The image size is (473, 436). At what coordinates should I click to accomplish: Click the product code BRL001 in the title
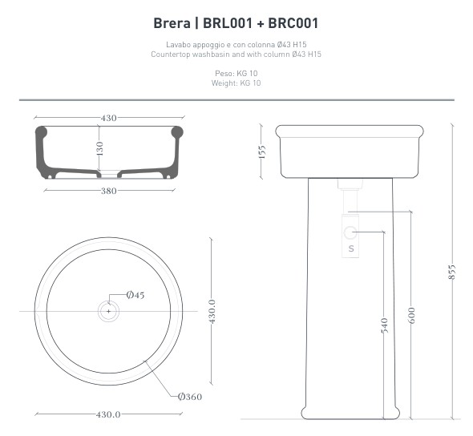(x=227, y=23)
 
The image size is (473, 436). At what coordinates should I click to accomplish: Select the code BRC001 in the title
(x=293, y=23)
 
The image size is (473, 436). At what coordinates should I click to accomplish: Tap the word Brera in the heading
(x=172, y=23)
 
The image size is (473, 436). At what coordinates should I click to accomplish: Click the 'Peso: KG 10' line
(x=236, y=73)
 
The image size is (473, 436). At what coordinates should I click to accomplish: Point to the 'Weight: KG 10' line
(x=236, y=83)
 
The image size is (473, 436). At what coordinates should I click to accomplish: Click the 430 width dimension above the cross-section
(x=108, y=118)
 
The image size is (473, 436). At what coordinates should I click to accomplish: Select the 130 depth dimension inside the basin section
(x=99, y=148)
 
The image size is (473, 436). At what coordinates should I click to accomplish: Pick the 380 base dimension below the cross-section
(x=108, y=191)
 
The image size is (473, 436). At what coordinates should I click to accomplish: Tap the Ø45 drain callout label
(x=135, y=295)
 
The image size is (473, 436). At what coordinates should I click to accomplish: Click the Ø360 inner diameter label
(x=190, y=397)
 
